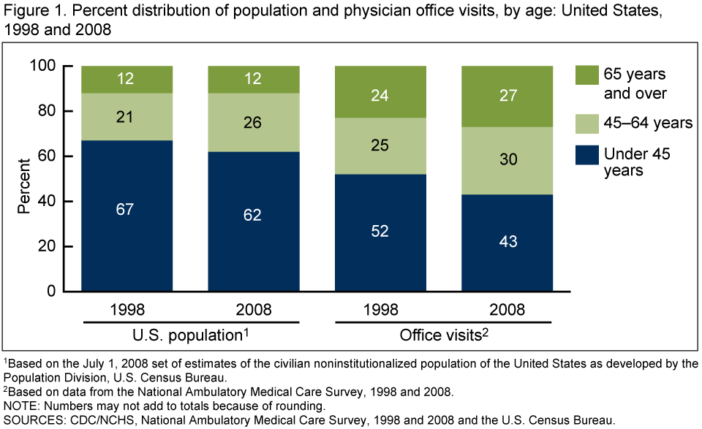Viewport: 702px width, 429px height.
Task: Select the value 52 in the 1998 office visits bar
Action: click(x=380, y=231)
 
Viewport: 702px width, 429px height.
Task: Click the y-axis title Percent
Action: click(x=23, y=180)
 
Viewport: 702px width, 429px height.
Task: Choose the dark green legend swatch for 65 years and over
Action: click(x=584, y=76)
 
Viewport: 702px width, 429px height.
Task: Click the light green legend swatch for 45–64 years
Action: click(x=584, y=122)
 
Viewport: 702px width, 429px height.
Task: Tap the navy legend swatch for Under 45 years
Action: click(x=584, y=154)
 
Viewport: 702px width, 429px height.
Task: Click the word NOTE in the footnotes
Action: click(x=20, y=405)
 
